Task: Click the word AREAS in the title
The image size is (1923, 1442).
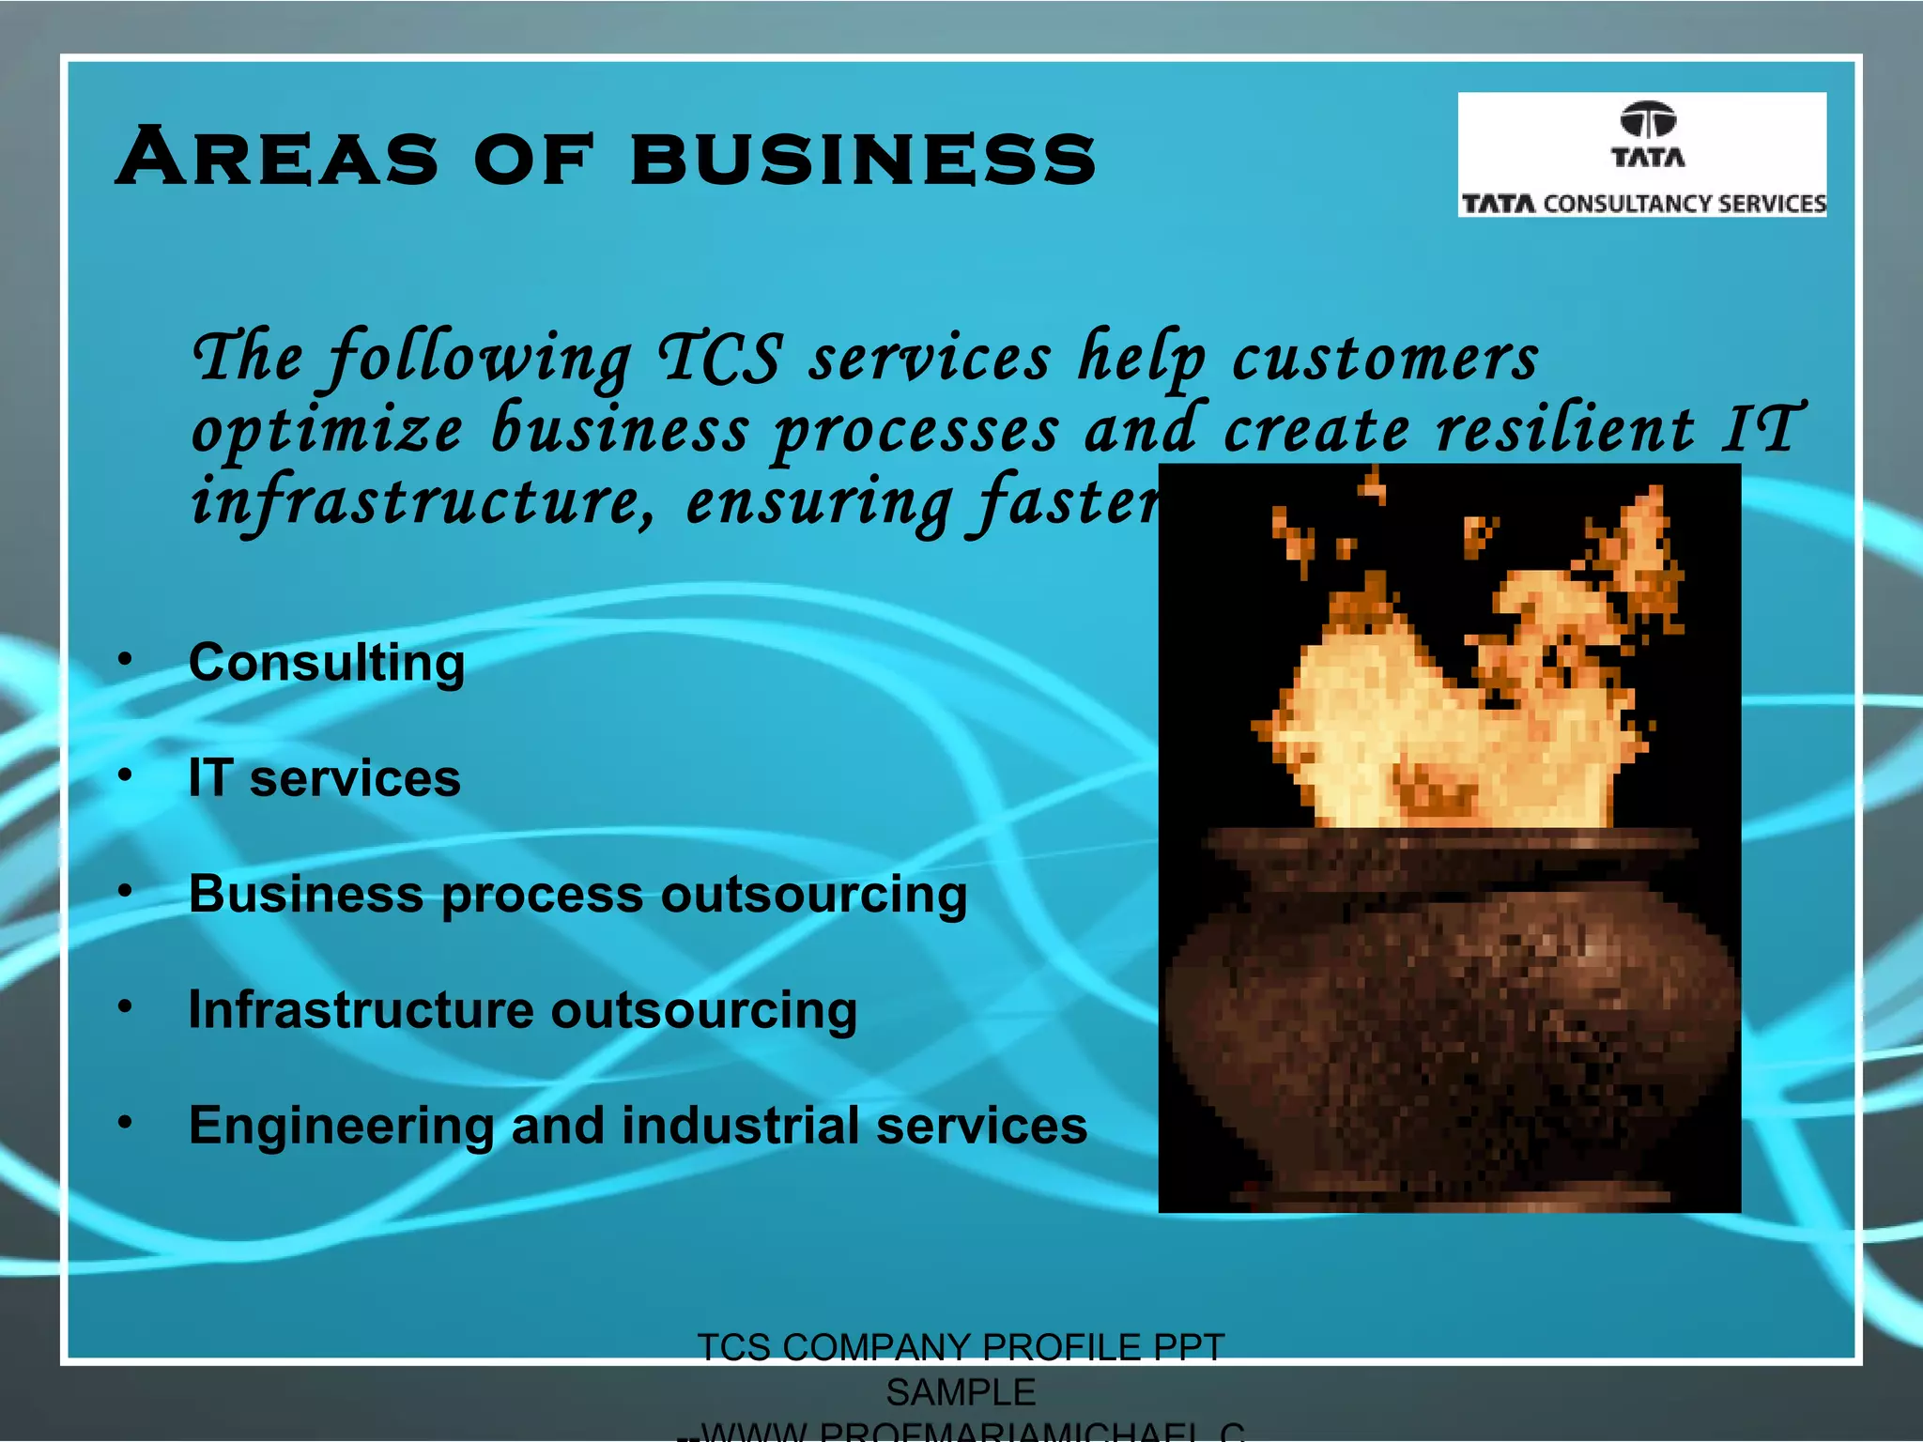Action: pyautogui.click(x=278, y=157)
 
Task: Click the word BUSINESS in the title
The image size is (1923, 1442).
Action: pyautogui.click(x=863, y=157)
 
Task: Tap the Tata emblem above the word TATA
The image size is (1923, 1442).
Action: pyautogui.click(x=1648, y=120)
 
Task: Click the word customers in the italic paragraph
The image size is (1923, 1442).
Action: pyautogui.click(x=1385, y=358)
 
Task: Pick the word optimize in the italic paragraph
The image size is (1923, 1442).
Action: pyautogui.click(x=328, y=431)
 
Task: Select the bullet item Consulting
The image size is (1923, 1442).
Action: pyautogui.click(x=327, y=664)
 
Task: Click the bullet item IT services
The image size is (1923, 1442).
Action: pyautogui.click(x=324, y=778)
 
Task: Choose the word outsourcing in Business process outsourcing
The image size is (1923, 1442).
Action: pyautogui.click(x=813, y=895)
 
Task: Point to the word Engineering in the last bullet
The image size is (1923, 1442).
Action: pyautogui.click(x=341, y=1126)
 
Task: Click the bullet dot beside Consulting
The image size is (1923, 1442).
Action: pyautogui.click(x=125, y=660)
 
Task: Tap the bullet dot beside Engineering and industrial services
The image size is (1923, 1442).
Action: pyautogui.click(x=125, y=1122)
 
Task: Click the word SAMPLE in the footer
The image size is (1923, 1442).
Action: pyautogui.click(x=961, y=1392)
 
